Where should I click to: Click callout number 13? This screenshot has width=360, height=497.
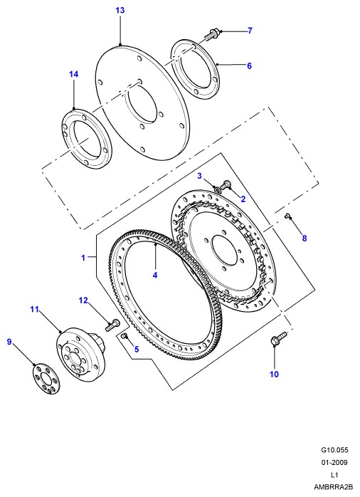(120, 11)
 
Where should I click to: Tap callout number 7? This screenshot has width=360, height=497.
(250, 31)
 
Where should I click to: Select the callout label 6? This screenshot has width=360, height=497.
(249, 66)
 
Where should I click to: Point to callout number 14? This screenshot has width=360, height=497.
(73, 74)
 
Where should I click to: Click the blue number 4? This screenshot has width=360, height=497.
(155, 275)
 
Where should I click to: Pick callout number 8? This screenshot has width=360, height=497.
(305, 238)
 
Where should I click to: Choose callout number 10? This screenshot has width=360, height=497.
(274, 375)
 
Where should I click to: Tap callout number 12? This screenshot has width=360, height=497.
(83, 300)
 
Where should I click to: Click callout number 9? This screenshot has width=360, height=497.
(9, 342)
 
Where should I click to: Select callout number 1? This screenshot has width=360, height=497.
(83, 258)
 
